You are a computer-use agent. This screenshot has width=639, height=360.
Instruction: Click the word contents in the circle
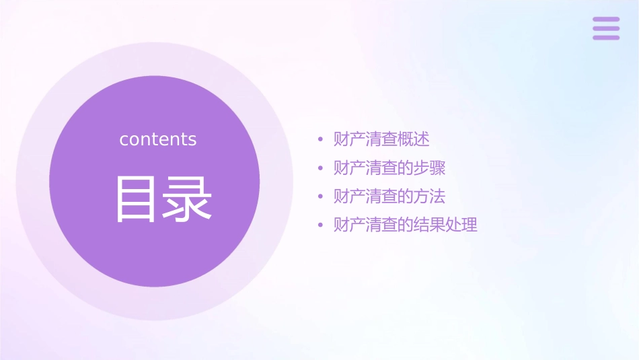(158, 139)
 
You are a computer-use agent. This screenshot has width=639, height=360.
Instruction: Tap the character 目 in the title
(136, 199)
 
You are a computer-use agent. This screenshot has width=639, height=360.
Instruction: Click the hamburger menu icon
(606, 28)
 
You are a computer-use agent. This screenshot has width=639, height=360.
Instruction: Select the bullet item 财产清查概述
(381, 139)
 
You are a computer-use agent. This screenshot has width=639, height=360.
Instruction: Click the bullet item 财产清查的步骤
(389, 168)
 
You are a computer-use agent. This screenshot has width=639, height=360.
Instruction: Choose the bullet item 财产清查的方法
(389, 196)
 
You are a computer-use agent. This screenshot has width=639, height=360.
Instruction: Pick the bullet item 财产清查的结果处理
(406, 225)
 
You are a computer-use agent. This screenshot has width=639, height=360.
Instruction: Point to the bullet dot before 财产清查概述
(321, 140)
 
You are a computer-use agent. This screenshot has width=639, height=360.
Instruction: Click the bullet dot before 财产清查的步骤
(321, 168)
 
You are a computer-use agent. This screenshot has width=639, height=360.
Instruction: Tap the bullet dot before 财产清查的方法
(321, 197)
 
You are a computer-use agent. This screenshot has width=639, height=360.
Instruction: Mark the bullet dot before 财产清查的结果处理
(321, 225)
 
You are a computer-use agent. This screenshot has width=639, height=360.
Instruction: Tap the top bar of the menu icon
(606, 20)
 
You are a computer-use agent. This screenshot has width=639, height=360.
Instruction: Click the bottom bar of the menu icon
(606, 37)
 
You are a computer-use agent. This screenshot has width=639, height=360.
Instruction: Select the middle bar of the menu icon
(606, 28)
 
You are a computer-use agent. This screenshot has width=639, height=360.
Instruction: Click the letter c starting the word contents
(124, 140)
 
